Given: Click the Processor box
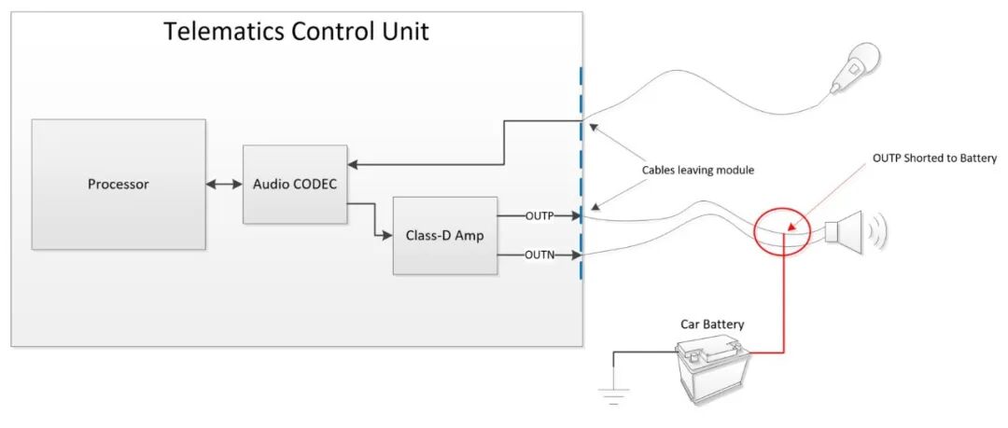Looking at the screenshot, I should click(119, 184).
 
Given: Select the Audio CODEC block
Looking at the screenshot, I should click(294, 184).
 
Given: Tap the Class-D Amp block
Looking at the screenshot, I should click(444, 236).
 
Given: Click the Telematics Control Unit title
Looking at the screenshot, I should click(296, 31).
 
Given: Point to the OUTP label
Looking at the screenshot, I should click(539, 216).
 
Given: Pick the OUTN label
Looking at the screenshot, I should click(539, 254).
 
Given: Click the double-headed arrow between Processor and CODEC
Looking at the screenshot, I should click(224, 185).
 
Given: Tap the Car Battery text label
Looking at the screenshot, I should click(713, 324).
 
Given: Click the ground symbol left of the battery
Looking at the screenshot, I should click(613, 394).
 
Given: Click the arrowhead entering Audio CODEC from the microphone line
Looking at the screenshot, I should click(353, 165).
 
